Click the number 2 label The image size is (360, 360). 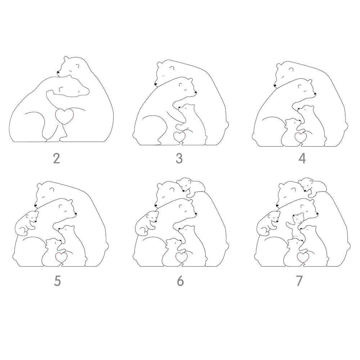(x=57, y=158)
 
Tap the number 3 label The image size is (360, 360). (x=179, y=158)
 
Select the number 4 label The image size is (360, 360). (x=302, y=158)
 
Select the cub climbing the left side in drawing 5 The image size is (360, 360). (x=26, y=223)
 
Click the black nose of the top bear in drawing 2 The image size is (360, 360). (x=58, y=72)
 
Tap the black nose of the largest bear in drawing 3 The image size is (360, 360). (x=156, y=84)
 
